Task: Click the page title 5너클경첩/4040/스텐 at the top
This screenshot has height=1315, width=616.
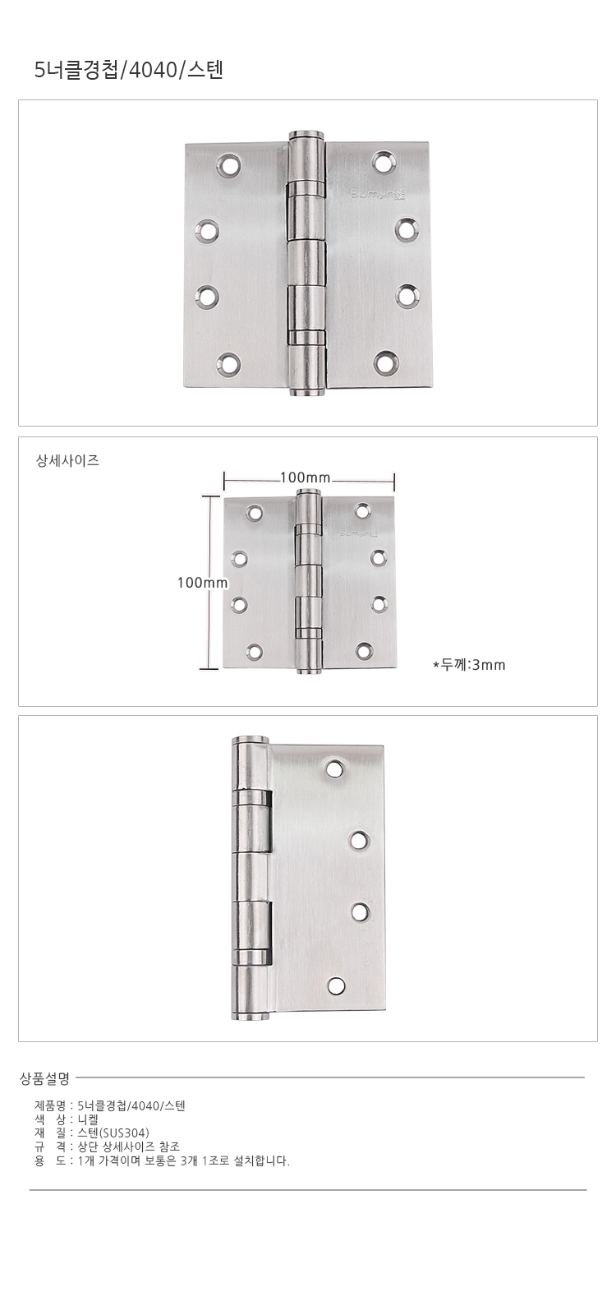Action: coord(129,71)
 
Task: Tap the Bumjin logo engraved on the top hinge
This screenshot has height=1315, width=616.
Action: coord(368,194)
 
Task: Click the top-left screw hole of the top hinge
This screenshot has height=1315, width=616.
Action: coord(229,165)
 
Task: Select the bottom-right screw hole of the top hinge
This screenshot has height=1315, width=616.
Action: coord(385,362)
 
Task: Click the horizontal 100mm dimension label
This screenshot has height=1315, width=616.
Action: coord(305,478)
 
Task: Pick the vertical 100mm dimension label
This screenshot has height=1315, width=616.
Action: coord(202,583)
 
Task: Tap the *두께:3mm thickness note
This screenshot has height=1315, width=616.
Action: coord(469,665)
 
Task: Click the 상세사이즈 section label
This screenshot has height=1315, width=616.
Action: coord(68,461)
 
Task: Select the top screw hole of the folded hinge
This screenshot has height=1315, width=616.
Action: coord(335,768)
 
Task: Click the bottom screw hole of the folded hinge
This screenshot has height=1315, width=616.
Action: coord(336,986)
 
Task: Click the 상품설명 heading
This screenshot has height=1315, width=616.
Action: coord(45,1077)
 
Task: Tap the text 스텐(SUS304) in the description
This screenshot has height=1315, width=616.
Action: coord(114,1133)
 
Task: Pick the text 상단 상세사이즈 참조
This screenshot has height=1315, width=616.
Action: coord(128,1147)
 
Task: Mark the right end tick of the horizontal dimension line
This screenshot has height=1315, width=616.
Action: coord(393,482)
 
